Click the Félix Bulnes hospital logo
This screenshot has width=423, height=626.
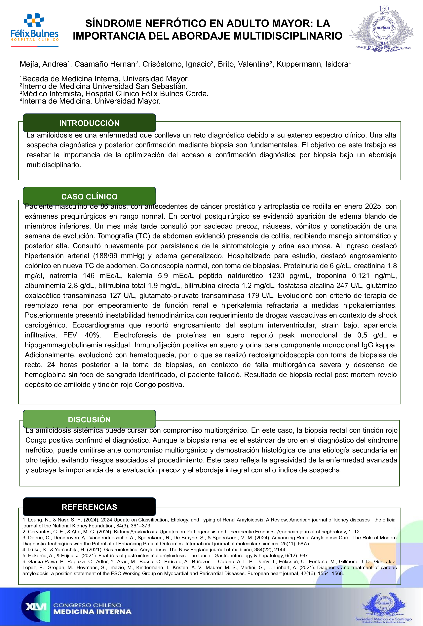[34, 30]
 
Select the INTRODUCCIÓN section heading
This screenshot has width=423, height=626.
[89, 123]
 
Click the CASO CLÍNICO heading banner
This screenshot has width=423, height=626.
[89, 196]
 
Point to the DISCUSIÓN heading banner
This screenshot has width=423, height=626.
[89, 419]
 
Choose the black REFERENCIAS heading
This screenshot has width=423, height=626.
[89, 507]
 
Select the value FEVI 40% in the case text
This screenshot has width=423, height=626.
[82, 335]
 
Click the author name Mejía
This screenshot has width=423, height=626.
[29, 64]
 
